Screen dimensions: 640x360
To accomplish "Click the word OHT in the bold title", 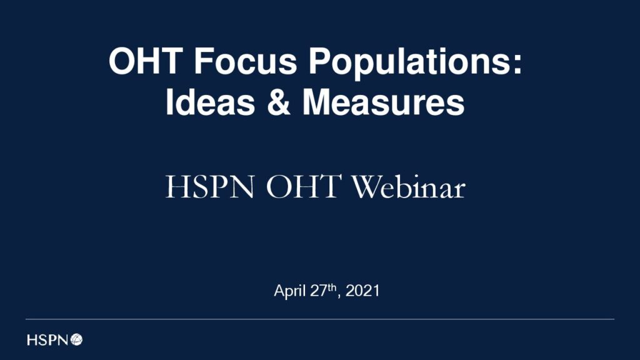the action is [146, 61].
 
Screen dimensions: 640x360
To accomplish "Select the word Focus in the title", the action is [245, 61].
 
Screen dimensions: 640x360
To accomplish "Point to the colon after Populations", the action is [517, 64].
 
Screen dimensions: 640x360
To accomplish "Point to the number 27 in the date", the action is [319, 291].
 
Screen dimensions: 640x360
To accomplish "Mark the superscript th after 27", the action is [332, 287].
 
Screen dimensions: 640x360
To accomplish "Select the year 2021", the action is [362, 291].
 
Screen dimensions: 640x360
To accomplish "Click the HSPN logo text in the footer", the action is [47, 339].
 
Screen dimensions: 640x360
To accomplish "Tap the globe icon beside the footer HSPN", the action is [76, 339].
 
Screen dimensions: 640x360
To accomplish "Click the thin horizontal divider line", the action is [320, 319].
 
